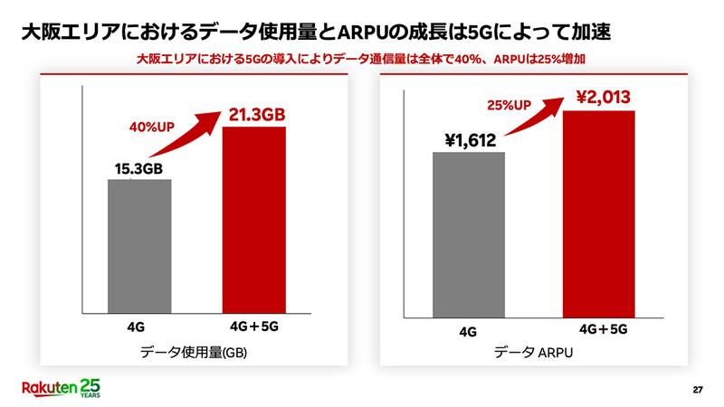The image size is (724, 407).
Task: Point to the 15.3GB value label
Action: point(139,168)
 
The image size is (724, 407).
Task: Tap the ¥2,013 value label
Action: point(595,97)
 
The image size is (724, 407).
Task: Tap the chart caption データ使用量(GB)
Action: point(194,354)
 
